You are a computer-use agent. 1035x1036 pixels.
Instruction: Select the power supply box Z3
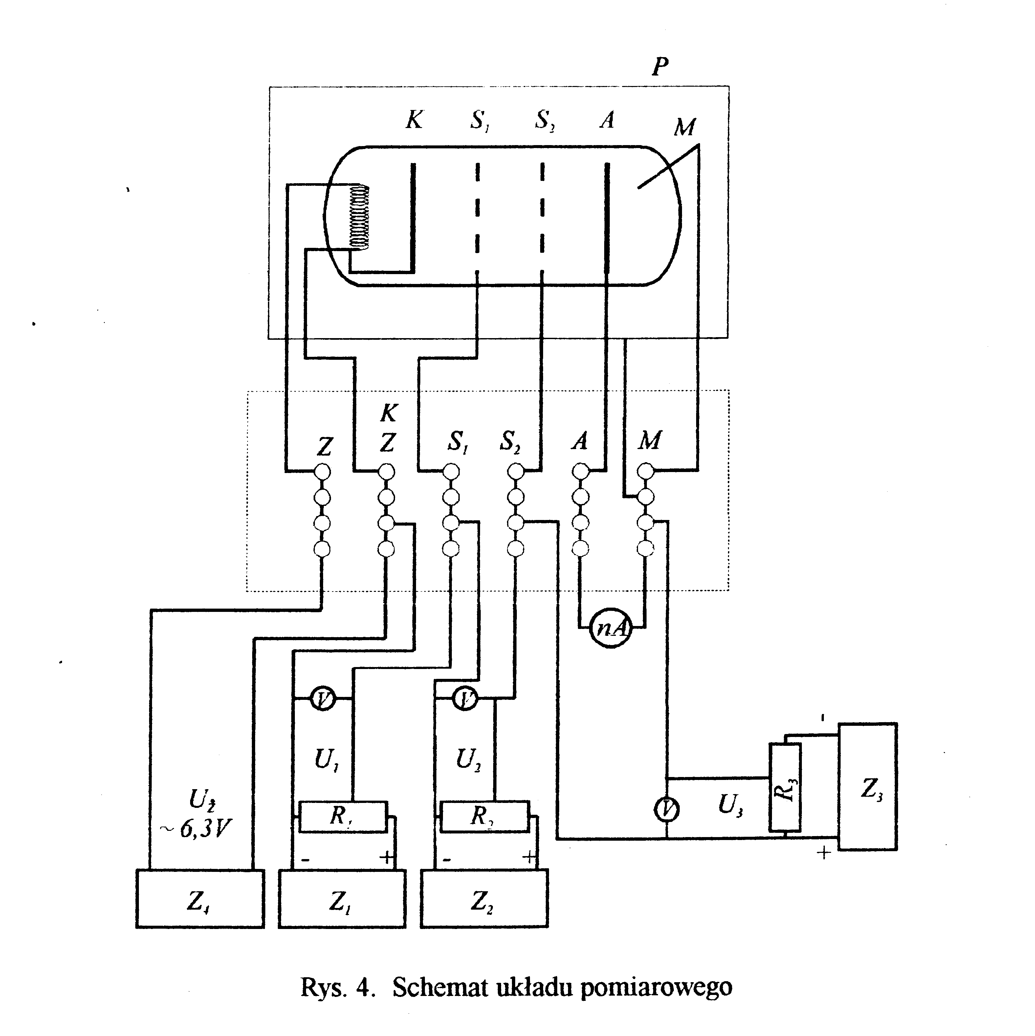tap(868, 787)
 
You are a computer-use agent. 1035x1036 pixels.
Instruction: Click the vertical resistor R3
tap(785, 787)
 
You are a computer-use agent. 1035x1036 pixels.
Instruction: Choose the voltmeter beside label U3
tap(667, 810)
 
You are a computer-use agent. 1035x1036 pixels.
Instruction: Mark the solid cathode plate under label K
tap(413, 217)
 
